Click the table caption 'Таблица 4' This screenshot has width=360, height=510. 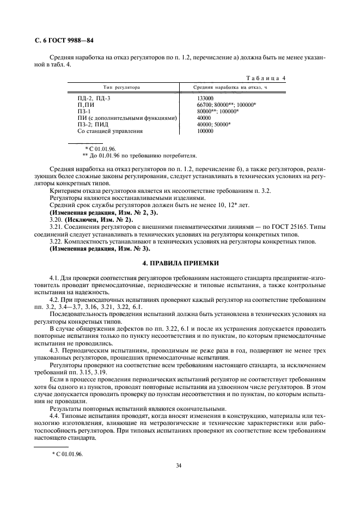coord(263,78)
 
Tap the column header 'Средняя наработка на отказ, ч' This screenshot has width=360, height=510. coord(232,87)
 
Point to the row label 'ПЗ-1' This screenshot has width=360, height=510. coord(84,111)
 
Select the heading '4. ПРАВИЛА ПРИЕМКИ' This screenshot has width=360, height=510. coord(180,262)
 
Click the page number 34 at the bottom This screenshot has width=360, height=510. coord(179,465)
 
